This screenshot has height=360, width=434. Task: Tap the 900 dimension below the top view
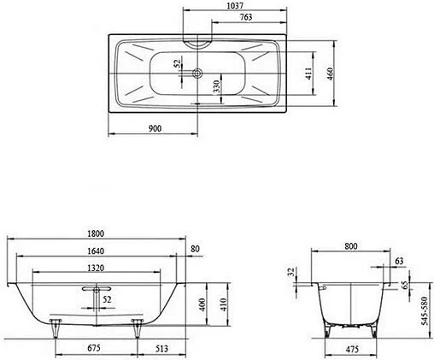coord(155,128)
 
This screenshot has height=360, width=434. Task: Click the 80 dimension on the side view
coord(196,249)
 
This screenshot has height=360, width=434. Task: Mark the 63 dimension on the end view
coord(400,261)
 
